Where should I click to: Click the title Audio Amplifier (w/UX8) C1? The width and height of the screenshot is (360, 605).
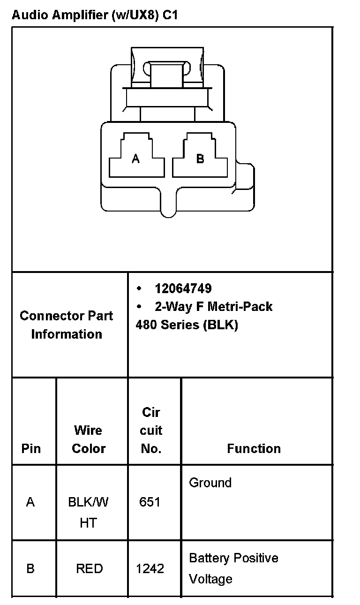95,15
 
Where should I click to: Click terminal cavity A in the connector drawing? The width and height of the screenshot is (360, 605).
136,159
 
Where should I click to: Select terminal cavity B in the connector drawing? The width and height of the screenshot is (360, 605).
200,159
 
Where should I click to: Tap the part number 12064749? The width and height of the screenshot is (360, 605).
183,288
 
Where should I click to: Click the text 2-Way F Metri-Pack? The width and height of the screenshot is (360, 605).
213,307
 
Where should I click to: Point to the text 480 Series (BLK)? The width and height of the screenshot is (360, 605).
187,325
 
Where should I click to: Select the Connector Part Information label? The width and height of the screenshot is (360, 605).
67,325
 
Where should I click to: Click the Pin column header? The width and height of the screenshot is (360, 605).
31,448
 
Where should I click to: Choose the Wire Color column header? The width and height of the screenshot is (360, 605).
89,439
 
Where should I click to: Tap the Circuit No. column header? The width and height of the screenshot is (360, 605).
151,430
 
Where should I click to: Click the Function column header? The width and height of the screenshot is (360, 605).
254,448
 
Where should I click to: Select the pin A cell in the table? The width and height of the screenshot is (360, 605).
30,502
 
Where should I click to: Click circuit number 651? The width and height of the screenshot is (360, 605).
150,502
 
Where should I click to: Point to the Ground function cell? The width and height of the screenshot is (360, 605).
210,483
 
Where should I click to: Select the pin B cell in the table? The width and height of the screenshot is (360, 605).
30,569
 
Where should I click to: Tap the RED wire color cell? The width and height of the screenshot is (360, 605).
89,569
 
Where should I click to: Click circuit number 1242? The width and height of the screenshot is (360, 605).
150,569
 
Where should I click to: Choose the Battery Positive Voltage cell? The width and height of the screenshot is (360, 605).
233,568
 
